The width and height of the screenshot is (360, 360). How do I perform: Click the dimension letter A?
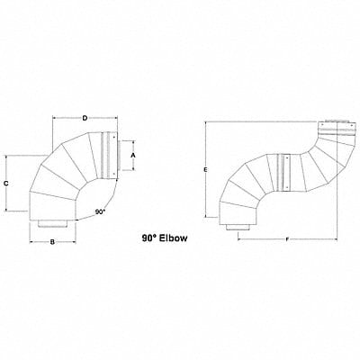coord(133,155)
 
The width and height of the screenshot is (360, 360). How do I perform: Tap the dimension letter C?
coord(7,184)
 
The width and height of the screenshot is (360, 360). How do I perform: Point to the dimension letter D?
coord(85,118)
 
